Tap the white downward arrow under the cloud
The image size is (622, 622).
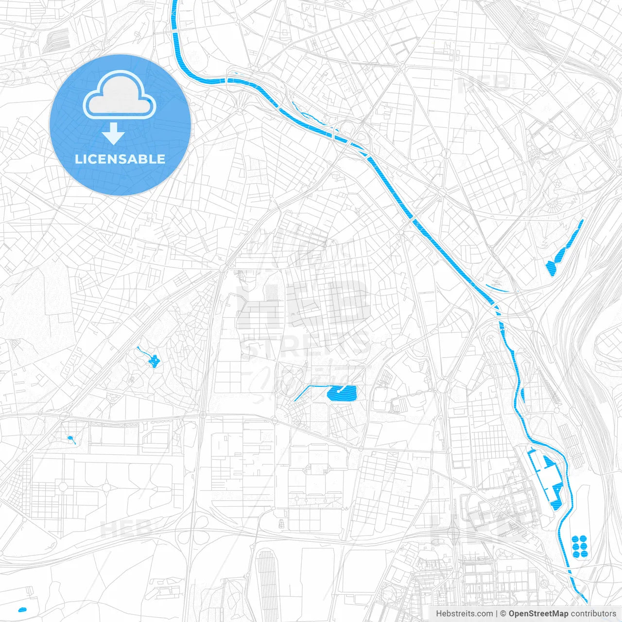(114, 134)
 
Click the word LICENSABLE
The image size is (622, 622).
(120, 159)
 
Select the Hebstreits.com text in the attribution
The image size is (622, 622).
(464, 614)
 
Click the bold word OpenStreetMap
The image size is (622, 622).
(538, 614)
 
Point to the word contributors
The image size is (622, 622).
(593, 614)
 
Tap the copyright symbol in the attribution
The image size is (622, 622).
(503, 614)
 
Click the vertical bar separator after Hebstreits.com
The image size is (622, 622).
(497, 614)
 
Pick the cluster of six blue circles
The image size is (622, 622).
(580, 547)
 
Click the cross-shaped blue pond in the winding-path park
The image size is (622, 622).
(154, 361)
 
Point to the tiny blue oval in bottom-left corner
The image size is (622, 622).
(22, 609)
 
